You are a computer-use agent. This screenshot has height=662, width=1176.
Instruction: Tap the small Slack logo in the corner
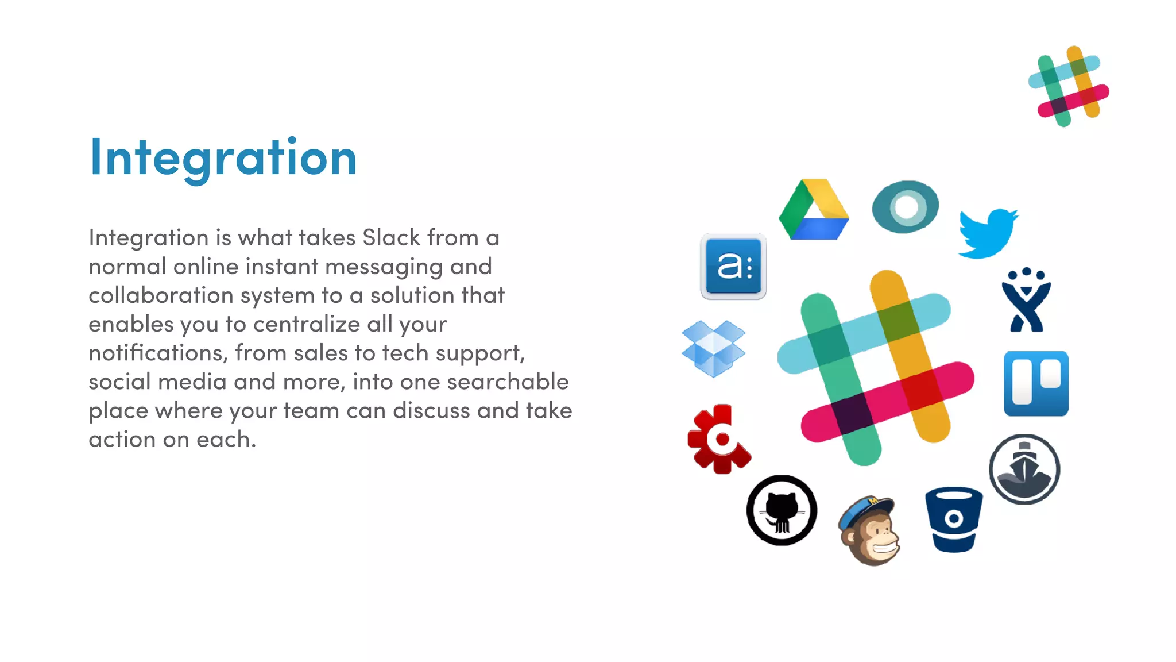point(1069,86)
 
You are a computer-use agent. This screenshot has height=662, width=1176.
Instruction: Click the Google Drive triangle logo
point(814,210)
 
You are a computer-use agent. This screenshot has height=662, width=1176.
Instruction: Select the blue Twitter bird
point(987,233)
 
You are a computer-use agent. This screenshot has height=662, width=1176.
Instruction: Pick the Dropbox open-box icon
point(713,348)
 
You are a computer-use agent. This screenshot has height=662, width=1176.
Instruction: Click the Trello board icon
point(1036,383)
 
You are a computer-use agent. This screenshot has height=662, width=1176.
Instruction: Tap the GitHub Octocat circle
point(782,510)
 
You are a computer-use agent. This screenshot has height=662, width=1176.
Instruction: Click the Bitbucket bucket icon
point(954,519)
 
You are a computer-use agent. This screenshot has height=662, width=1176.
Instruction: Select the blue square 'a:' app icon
point(733,267)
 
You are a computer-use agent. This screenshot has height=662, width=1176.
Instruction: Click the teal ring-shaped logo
point(905,207)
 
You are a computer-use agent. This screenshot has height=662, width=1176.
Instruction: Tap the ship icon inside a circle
point(1024,469)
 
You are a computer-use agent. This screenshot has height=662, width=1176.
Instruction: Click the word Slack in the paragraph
point(391,238)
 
